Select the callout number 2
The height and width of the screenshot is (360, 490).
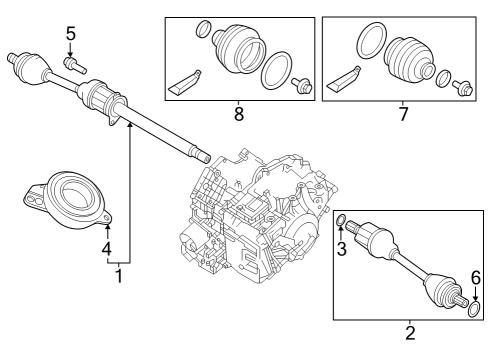[409, 332]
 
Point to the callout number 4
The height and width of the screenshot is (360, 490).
[106, 246]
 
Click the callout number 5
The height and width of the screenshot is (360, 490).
[70, 34]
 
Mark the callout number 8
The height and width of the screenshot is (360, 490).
[238, 115]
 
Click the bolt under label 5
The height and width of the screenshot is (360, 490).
[73, 64]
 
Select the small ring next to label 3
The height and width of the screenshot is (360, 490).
[341, 221]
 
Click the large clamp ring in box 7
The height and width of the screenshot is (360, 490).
[367, 43]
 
